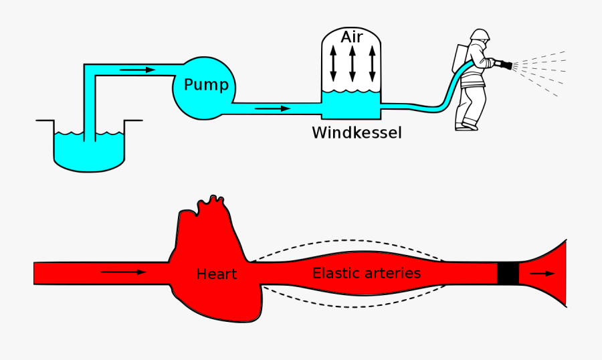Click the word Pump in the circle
point(205,85)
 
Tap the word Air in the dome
point(351,37)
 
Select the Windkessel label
point(357,132)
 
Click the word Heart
point(217,274)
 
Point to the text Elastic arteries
point(367,273)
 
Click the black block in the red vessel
point(508,273)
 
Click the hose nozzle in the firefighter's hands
point(503,65)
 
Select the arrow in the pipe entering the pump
point(139,70)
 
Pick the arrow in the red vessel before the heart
point(123,272)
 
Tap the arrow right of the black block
point(542,273)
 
